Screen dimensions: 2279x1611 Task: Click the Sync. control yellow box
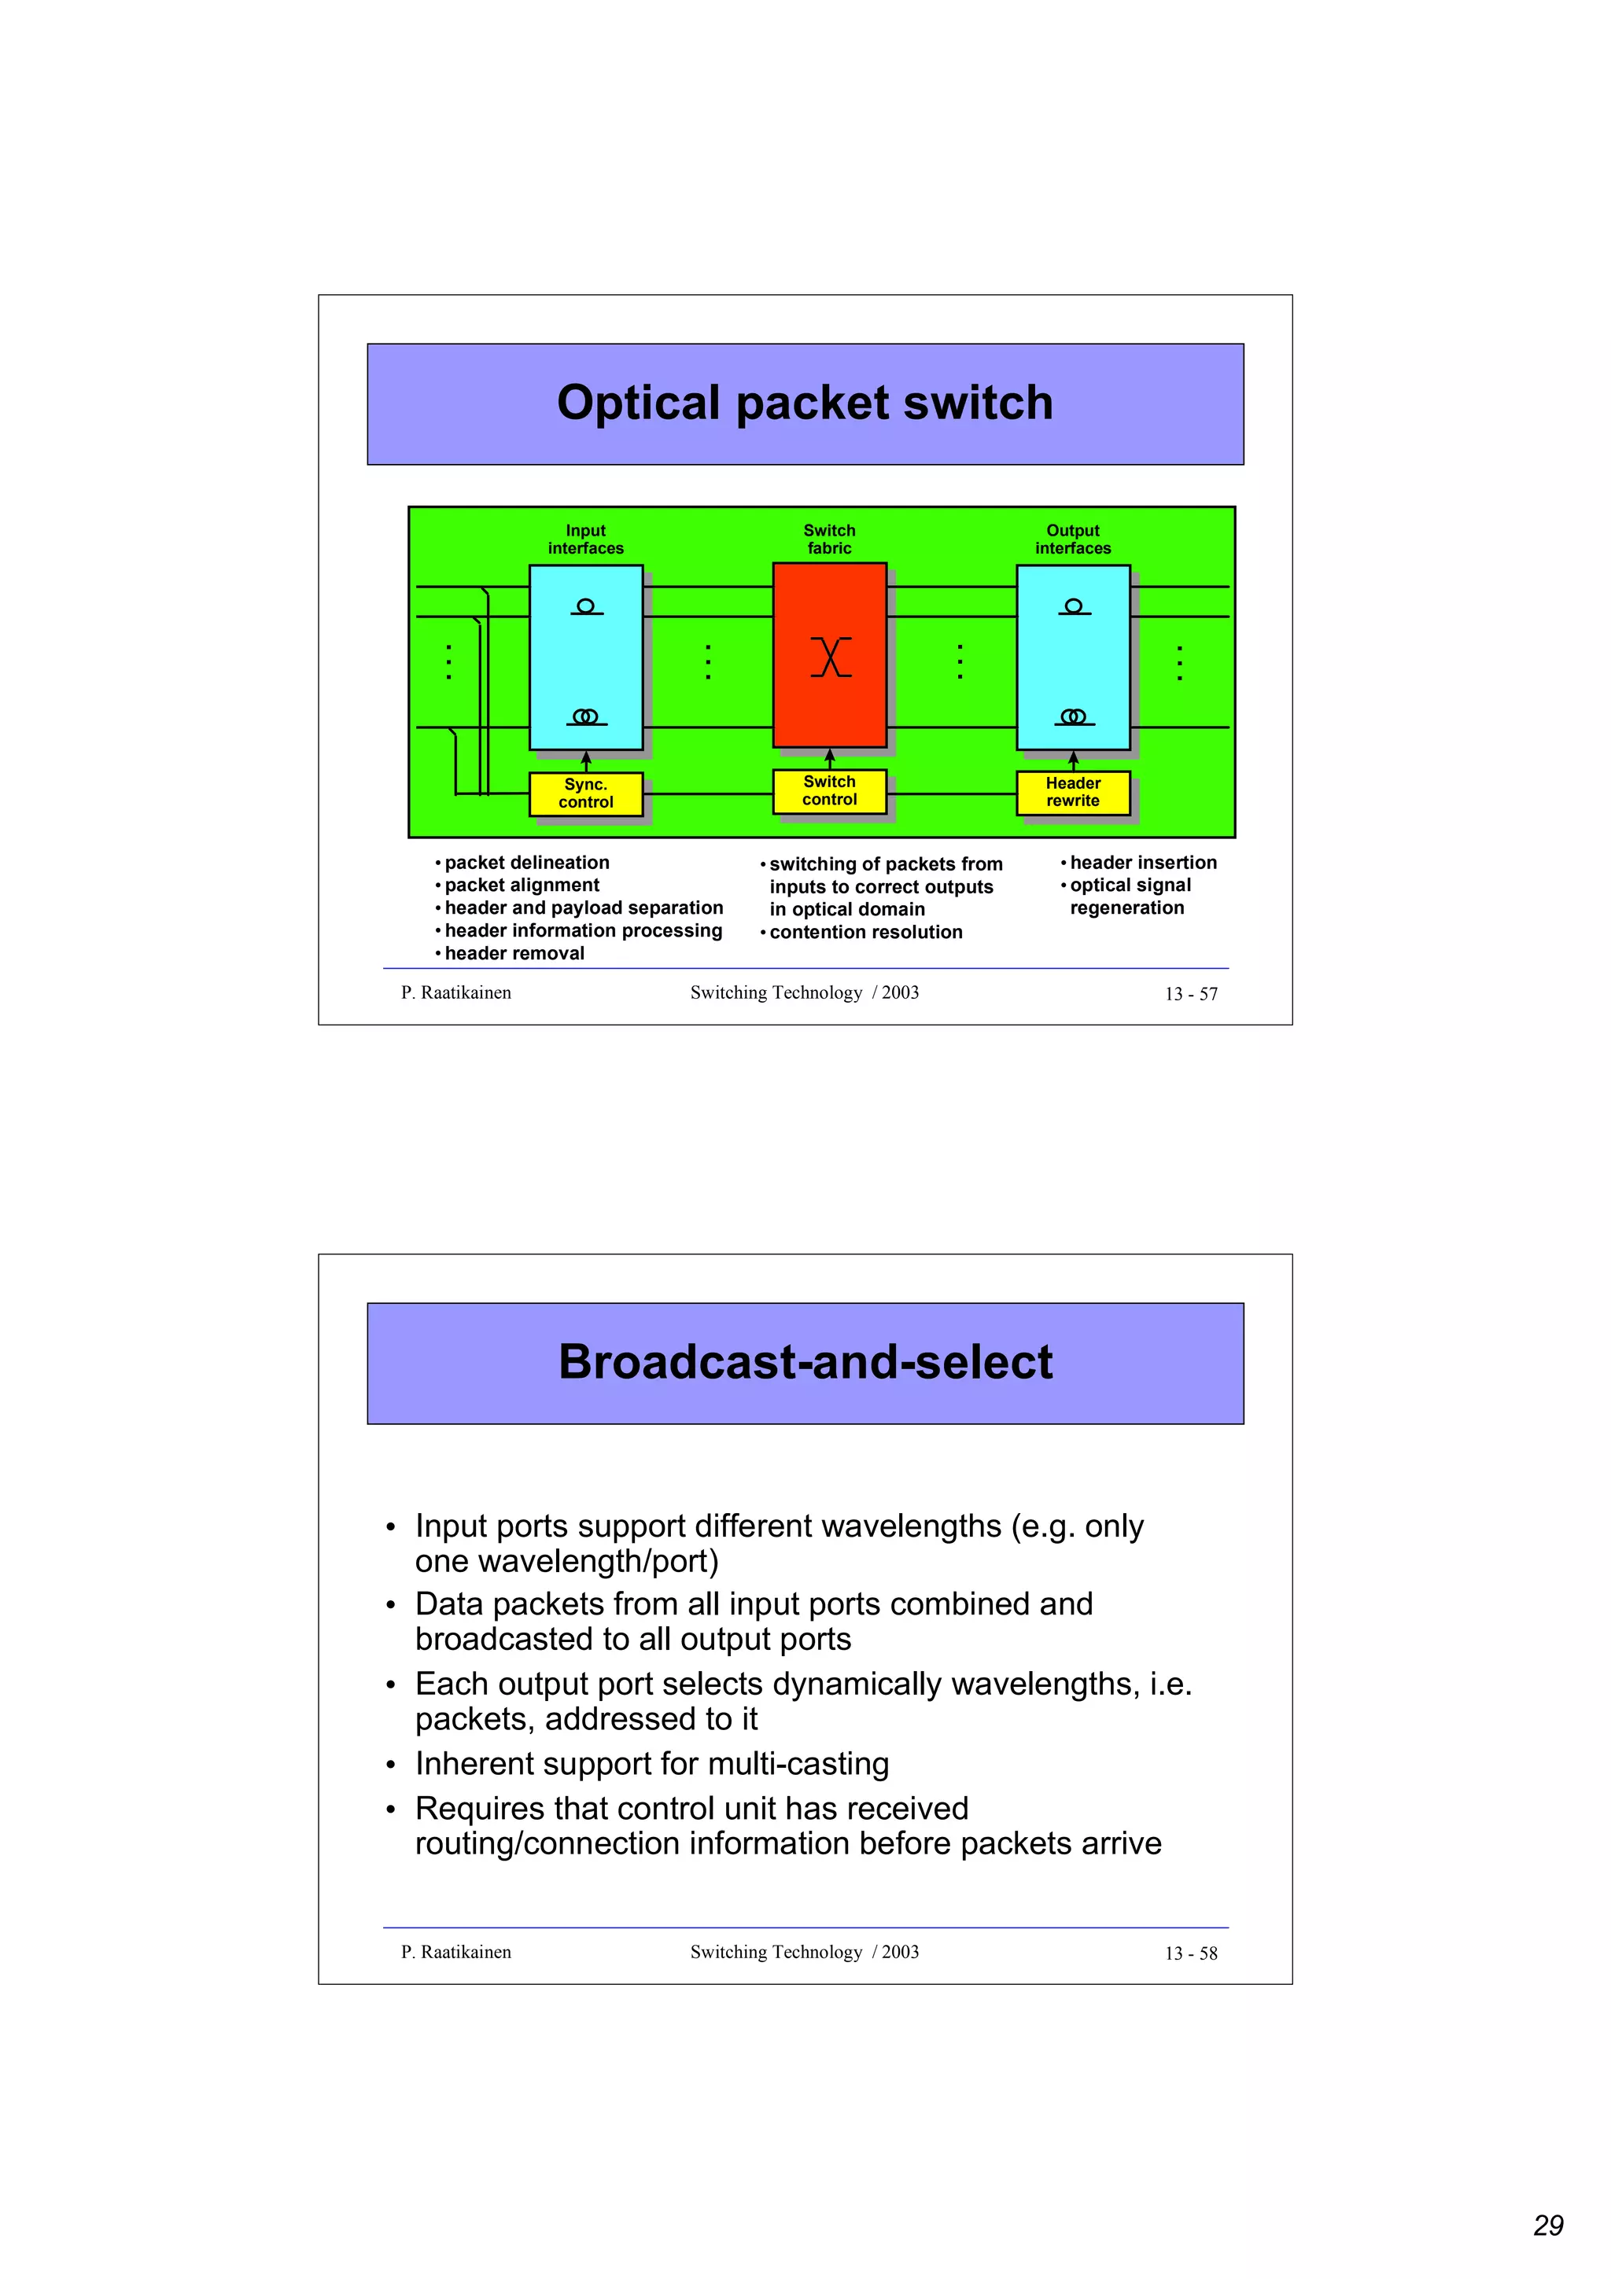pyautogui.click(x=585, y=793)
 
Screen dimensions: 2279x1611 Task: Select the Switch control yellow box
pyautogui.click(x=829, y=791)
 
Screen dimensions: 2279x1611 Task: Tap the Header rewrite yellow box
pyautogui.click(x=1072, y=792)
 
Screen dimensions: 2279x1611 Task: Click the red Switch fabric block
pyautogui.click(x=829, y=695)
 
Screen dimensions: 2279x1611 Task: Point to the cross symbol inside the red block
pyautogui.click(x=831, y=657)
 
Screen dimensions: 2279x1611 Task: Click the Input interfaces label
pyautogui.click(x=585, y=539)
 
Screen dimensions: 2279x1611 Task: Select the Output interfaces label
pyautogui.click(x=1073, y=539)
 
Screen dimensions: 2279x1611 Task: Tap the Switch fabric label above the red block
pyautogui.click(x=829, y=539)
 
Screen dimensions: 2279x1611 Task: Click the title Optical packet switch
pyautogui.click(x=805, y=403)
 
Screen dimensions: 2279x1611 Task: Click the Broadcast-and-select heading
pyautogui.click(x=805, y=1362)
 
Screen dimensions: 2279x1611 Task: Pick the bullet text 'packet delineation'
pyautogui.click(x=526, y=863)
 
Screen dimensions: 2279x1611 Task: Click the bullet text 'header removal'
pyautogui.click(x=514, y=953)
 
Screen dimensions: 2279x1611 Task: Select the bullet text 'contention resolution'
pyautogui.click(x=865, y=932)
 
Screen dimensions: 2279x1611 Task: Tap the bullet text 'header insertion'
pyautogui.click(x=1142, y=863)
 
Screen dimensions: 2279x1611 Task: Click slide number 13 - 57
pyautogui.click(x=1190, y=993)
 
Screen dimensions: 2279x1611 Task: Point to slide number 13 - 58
pyautogui.click(x=1190, y=1953)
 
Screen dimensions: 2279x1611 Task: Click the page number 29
pyautogui.click(x=1547, y=2225)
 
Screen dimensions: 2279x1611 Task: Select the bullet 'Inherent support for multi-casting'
pyautogui.click(x=651, y=1763)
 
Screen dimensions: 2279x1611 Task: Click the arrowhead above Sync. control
pyautogui.click(x=585, y=757)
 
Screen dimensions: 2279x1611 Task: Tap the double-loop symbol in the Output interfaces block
pyautogui.click(x=1073, y=716)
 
